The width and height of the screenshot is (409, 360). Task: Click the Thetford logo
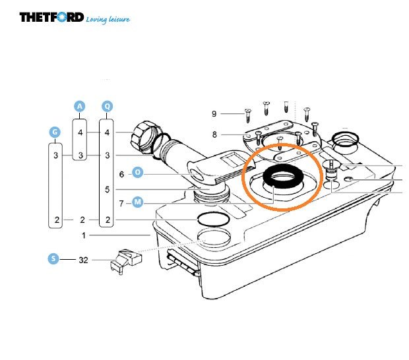[51, 17]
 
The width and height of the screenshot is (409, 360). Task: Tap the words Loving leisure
[108, 19]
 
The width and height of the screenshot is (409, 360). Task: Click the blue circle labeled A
[80, 106]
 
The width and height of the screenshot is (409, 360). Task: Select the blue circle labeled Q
[108, 106]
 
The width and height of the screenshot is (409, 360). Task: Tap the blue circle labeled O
[138, 173]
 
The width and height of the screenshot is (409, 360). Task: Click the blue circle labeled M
[138, 202]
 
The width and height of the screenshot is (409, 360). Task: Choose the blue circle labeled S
[53, 259]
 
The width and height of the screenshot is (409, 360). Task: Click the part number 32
[83, 260]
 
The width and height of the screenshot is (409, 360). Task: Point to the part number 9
[214, 114]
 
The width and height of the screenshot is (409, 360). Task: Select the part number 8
[214, 135]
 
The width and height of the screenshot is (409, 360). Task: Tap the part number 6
[121, 174]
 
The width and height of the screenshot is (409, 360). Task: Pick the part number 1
[84, 235]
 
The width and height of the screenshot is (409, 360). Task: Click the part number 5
[108, 189]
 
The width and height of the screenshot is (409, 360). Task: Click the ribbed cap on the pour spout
[144, 135]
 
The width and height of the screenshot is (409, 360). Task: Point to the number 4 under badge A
[80, 133]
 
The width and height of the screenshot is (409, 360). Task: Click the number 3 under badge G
[57, 156]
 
